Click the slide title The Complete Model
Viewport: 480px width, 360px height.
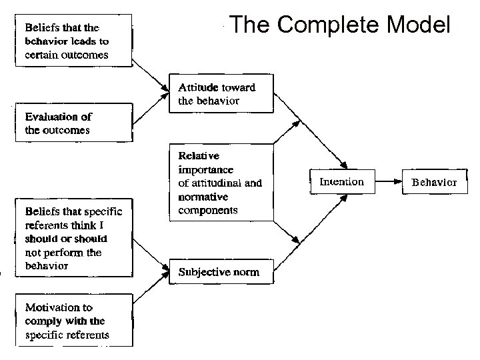pos(340,25)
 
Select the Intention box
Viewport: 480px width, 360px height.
pos(342,181)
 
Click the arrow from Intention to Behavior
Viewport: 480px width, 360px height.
pos(388,181)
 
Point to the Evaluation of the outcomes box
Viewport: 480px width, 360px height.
pos(73,123)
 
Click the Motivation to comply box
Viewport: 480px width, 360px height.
pos(73,321)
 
